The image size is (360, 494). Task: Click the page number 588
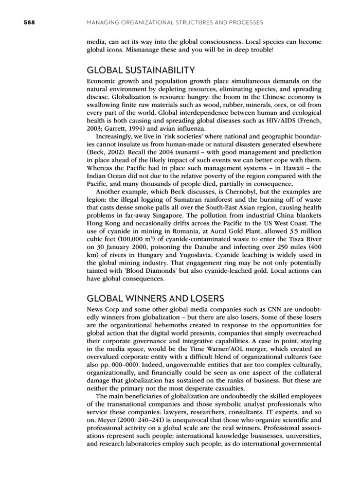coord(16,22)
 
